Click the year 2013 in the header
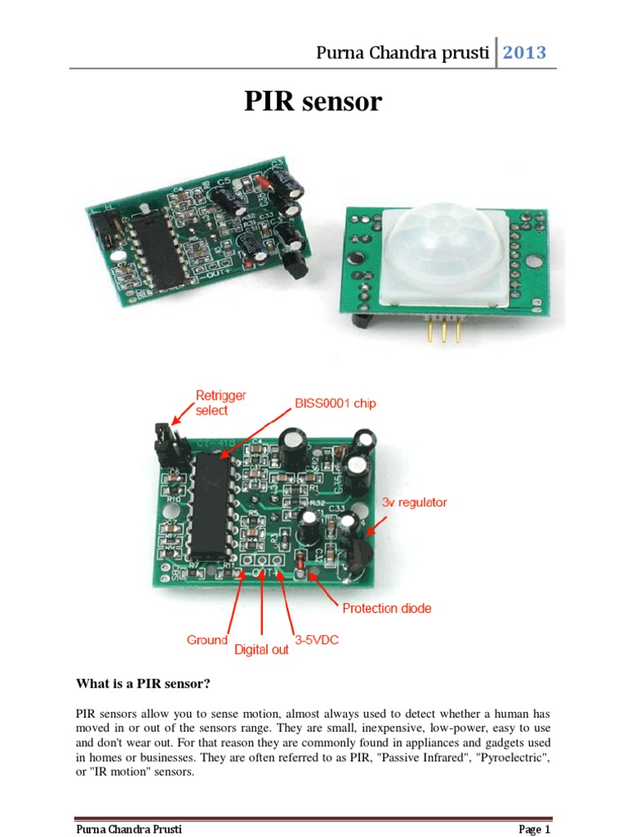[523, 53]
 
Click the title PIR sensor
[313, 101]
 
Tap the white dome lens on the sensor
[434, 246]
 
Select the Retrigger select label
[220, 402]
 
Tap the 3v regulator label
[414, 503]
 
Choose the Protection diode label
[386, 608]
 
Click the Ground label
[207, 640]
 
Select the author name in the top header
[403, 54]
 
